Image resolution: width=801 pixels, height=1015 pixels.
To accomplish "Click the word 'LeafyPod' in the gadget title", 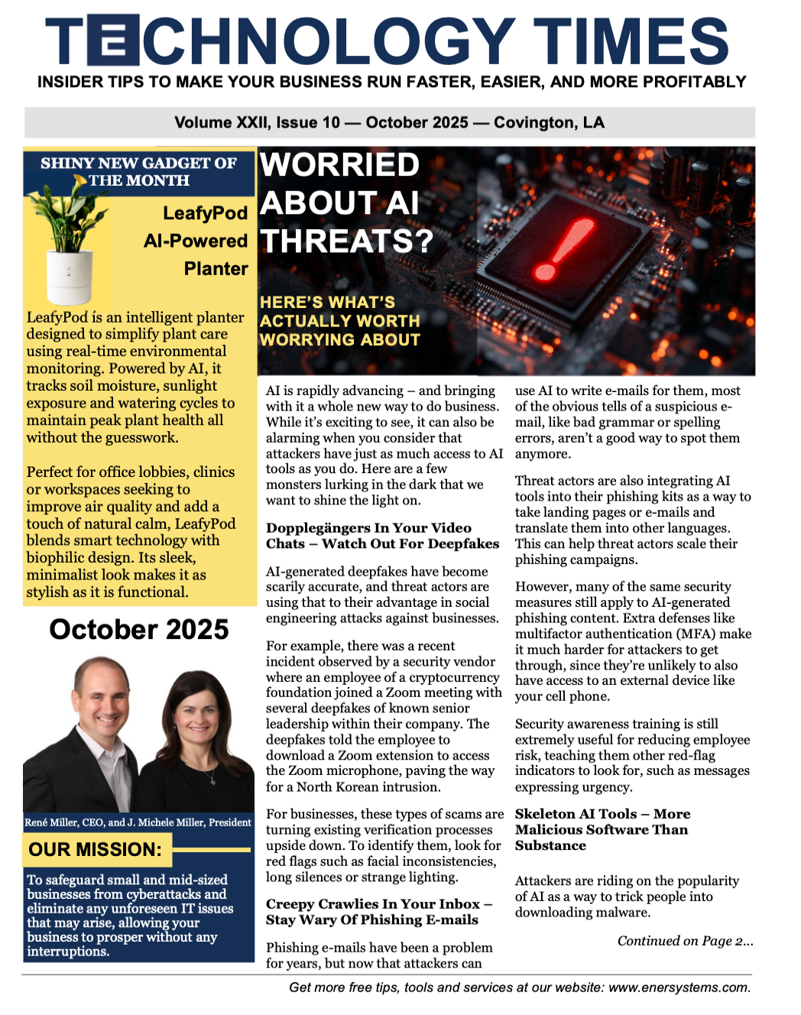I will click(x=205, y=212).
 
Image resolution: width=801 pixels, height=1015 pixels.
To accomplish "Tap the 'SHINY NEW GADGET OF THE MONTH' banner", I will click(x=138, y=172).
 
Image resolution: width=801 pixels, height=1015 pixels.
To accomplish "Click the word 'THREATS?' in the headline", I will click(x=346, y=241).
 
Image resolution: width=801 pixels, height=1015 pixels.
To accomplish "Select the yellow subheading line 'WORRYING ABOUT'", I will click(x=339, y=339).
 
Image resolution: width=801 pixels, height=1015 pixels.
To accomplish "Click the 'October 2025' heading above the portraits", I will click(x=139, y=629).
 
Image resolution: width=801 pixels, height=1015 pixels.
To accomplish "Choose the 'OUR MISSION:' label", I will click(x=96, y=849).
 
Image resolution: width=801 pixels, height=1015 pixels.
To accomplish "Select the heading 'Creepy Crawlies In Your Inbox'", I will click(x=374, y=904).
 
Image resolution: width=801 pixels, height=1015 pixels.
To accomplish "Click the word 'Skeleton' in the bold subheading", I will click(x=543, y=814).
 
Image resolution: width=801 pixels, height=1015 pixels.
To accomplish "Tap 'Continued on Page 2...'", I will click(x=685, y=941).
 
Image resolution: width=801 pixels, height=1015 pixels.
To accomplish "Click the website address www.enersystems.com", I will click(x=679, y=987).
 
